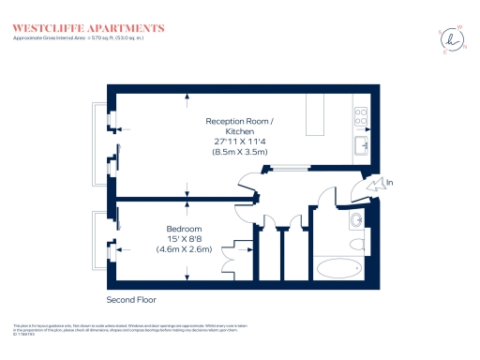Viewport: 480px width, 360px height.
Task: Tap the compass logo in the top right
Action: (453, 40)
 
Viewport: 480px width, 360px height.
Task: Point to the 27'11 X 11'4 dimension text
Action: (241, 142)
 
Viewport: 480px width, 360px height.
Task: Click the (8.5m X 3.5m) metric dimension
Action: (241, 152)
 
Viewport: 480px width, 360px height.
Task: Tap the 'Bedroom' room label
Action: (184, 230)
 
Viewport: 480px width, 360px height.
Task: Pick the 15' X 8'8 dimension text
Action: (184, 240)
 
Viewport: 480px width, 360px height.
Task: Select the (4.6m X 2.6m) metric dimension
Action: (184, 250)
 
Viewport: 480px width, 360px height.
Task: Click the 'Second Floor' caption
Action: (130, 300)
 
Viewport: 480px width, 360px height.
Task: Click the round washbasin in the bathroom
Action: (355, 221)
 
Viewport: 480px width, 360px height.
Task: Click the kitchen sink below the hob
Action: (361, 146)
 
